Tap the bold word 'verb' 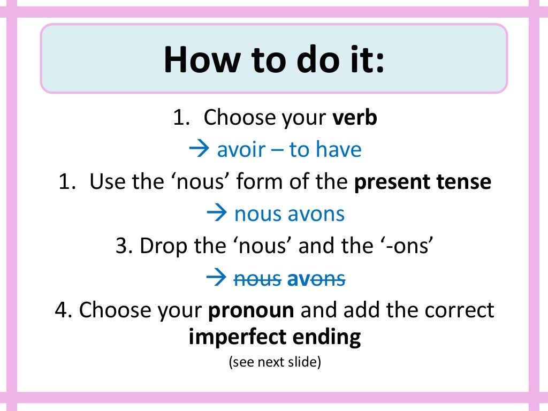pos(355,118)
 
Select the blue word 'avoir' pos(241,150)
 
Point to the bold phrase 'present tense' pos(423,182)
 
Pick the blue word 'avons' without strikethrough pos(316,214)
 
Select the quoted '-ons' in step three pos(409,246)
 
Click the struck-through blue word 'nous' pos(258,279)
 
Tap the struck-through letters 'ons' pos(328,279)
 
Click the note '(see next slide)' pos(274,362)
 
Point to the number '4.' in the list pos(64,310)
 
